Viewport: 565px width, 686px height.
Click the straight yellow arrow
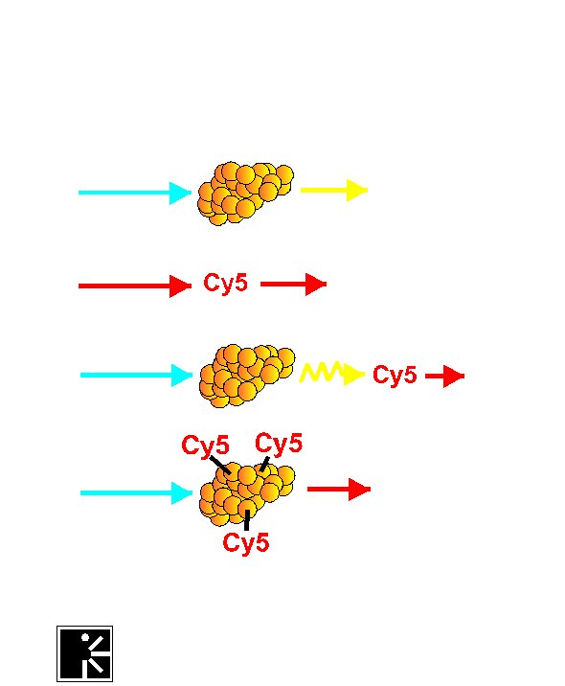point(334,190)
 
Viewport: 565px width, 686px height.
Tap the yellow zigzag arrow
point(332,374)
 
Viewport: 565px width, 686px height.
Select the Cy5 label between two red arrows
point(226,284)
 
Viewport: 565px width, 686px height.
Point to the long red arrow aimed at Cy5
point(135,286)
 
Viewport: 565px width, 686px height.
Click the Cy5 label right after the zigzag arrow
point(395,376)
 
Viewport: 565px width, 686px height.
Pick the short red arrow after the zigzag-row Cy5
point(444,376)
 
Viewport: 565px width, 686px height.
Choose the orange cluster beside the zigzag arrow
point(247,376)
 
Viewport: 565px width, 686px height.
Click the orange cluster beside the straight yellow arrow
point(246,194)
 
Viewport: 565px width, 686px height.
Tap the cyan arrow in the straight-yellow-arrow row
point(135,193)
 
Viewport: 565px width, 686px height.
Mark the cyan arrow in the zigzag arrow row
point(136,375)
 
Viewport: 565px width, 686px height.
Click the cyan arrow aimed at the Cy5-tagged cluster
point(136,493)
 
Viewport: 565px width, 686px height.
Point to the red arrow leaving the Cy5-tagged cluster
point(339,490)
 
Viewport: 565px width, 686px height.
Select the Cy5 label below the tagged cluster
point(246,543)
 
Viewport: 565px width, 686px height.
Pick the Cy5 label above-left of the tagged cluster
point(205,446)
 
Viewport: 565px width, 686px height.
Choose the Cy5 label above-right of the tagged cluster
point(279,443)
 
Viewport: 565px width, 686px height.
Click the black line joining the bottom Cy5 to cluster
point(247,519)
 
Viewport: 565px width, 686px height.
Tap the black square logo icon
point(85,653)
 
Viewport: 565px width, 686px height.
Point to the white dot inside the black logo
point(85,637)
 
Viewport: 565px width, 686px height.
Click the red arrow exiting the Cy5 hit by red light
point(293,284)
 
